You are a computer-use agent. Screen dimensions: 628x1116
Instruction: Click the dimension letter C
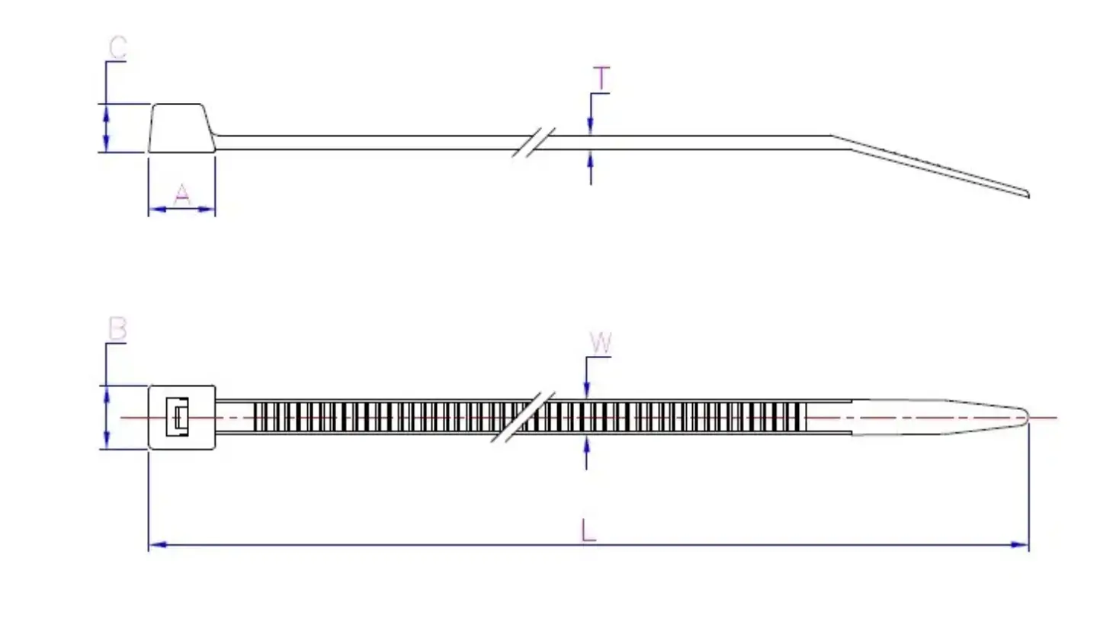(117, 47)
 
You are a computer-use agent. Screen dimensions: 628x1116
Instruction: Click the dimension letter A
(181, 195)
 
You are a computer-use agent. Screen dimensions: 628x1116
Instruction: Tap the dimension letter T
(601, 78)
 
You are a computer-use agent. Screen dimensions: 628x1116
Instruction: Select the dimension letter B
(117, 329)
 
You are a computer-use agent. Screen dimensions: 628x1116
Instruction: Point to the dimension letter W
(601, 344)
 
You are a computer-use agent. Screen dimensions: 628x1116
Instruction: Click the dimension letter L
(588, 530)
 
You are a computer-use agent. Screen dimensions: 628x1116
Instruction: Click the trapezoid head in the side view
(181, 128)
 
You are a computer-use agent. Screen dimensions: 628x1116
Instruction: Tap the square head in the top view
(181, 417)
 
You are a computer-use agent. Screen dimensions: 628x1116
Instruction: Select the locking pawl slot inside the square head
(178, 418)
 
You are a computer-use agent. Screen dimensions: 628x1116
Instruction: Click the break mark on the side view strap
(533, 143)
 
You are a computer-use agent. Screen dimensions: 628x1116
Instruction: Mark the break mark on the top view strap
(524, 418)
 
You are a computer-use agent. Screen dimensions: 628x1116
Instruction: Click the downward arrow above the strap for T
(590, 126)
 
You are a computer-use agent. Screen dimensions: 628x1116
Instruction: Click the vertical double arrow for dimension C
(106, 128)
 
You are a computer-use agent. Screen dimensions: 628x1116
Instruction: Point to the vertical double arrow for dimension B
(106, 417)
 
